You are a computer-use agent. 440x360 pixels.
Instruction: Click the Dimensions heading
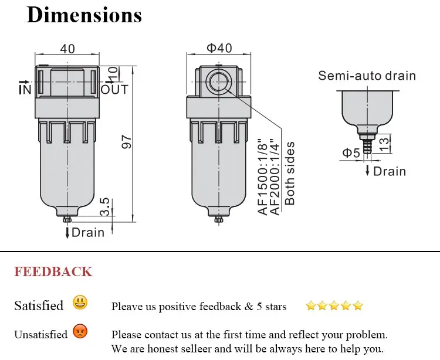coord(84,15)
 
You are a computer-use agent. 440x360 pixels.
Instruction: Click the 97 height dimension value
coord(127,142)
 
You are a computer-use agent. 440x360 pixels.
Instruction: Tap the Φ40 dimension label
coord(219,48)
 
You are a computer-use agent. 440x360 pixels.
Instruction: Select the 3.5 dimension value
coord(105,206)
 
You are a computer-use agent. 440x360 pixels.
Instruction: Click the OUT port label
coord(114,90)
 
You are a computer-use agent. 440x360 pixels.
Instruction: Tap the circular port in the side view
coord(219,82)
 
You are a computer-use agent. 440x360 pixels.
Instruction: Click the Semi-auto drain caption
coord(367,76)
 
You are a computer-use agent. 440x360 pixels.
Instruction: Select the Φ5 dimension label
coord(351,153)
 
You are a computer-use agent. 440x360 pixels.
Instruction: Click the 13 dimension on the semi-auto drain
coord(385,142)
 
